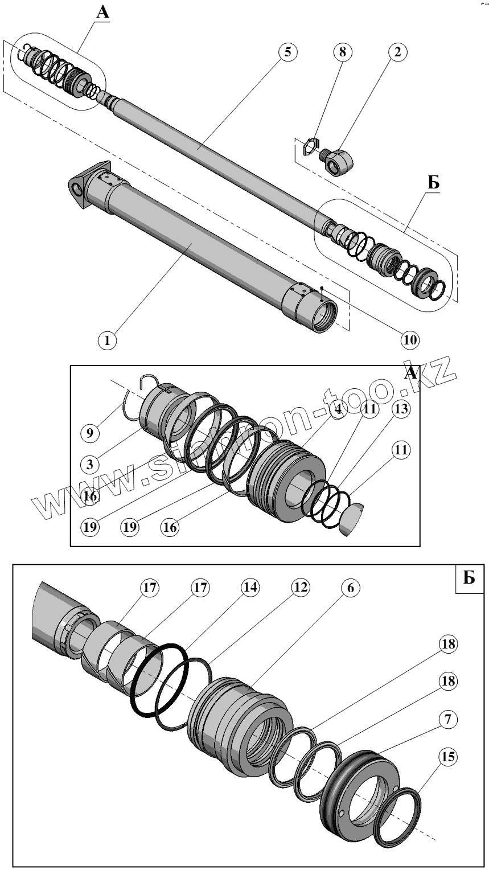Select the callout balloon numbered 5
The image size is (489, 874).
[x=287, y=52]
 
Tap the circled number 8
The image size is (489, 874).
[x=342, y=52]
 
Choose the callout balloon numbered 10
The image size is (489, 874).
[x=409, y=340]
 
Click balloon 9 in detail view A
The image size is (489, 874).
[x=90, y=433]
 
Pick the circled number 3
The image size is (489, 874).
[x=90, y=464]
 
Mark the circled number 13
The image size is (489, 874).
[x=400, y=409]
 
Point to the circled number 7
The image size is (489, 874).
[x=448, y=719]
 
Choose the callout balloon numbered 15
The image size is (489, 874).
[x=448, y=757]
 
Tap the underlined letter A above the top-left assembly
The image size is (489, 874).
[x=102, y=11]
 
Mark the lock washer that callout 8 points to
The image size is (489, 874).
[x=309, y=146]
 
